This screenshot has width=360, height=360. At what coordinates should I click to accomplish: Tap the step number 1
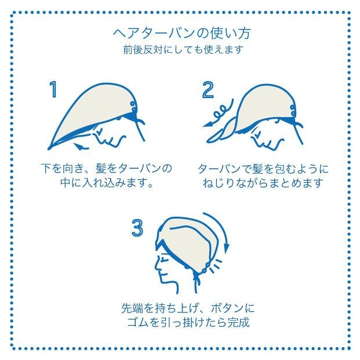[x=53, y=90]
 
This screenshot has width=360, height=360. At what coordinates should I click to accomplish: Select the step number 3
[x=137, y=228]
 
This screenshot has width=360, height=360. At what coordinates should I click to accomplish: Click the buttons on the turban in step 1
[x=133, y=108]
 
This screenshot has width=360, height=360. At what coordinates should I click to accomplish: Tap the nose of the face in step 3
[x=157, y=266]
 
